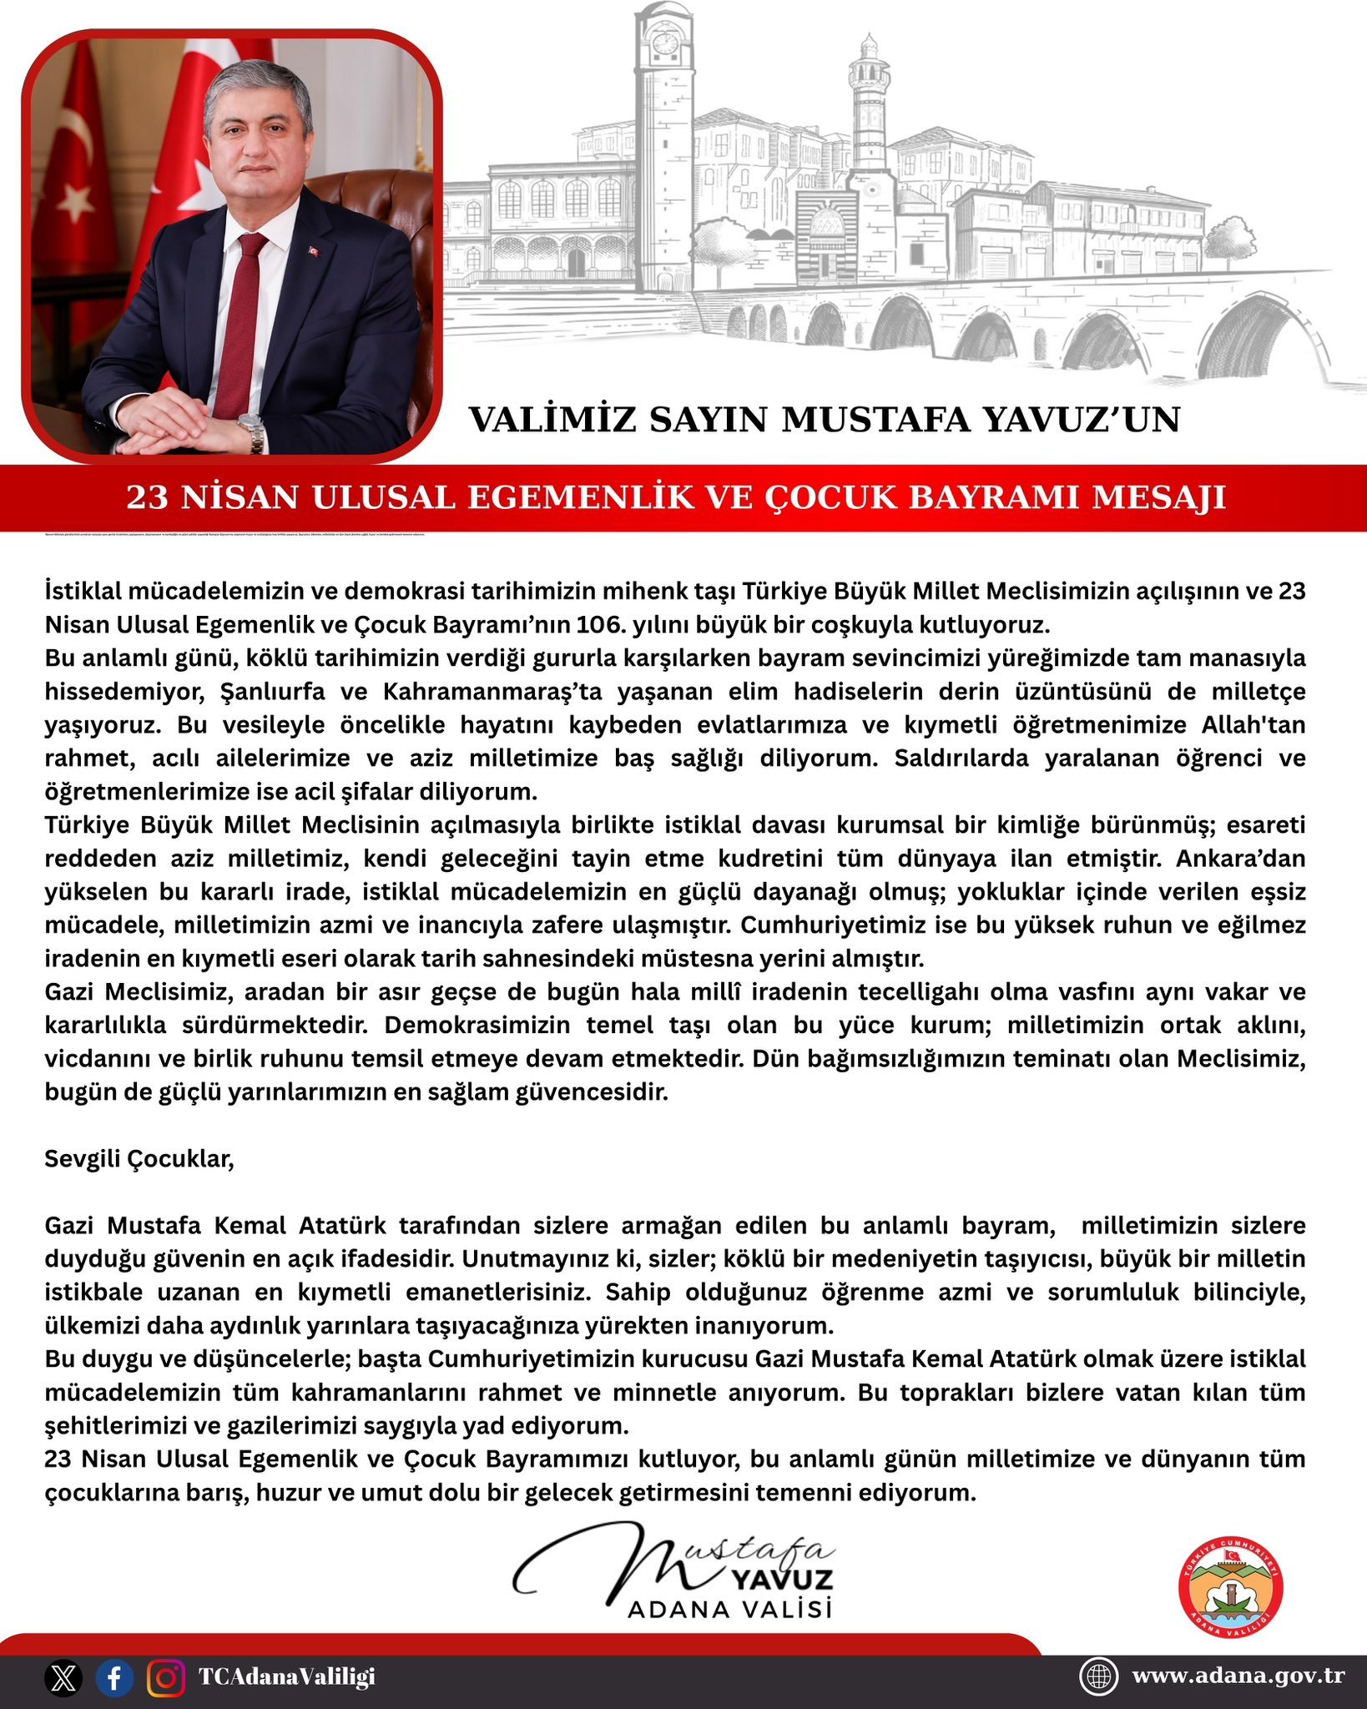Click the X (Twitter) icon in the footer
(x=63, y=1677)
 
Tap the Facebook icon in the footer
(x=114, y=1677)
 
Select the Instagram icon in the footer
(x=166, y=1677)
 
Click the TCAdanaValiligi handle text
(x=286, y=1676)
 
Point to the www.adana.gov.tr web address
(x=1238, y=1676)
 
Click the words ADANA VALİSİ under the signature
(x=730, y=1608)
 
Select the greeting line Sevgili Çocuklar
(x=139, y=1159)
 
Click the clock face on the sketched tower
(x=665, y=43)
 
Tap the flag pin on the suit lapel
(x=315, y=250)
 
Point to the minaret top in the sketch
(x=870, y=46)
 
